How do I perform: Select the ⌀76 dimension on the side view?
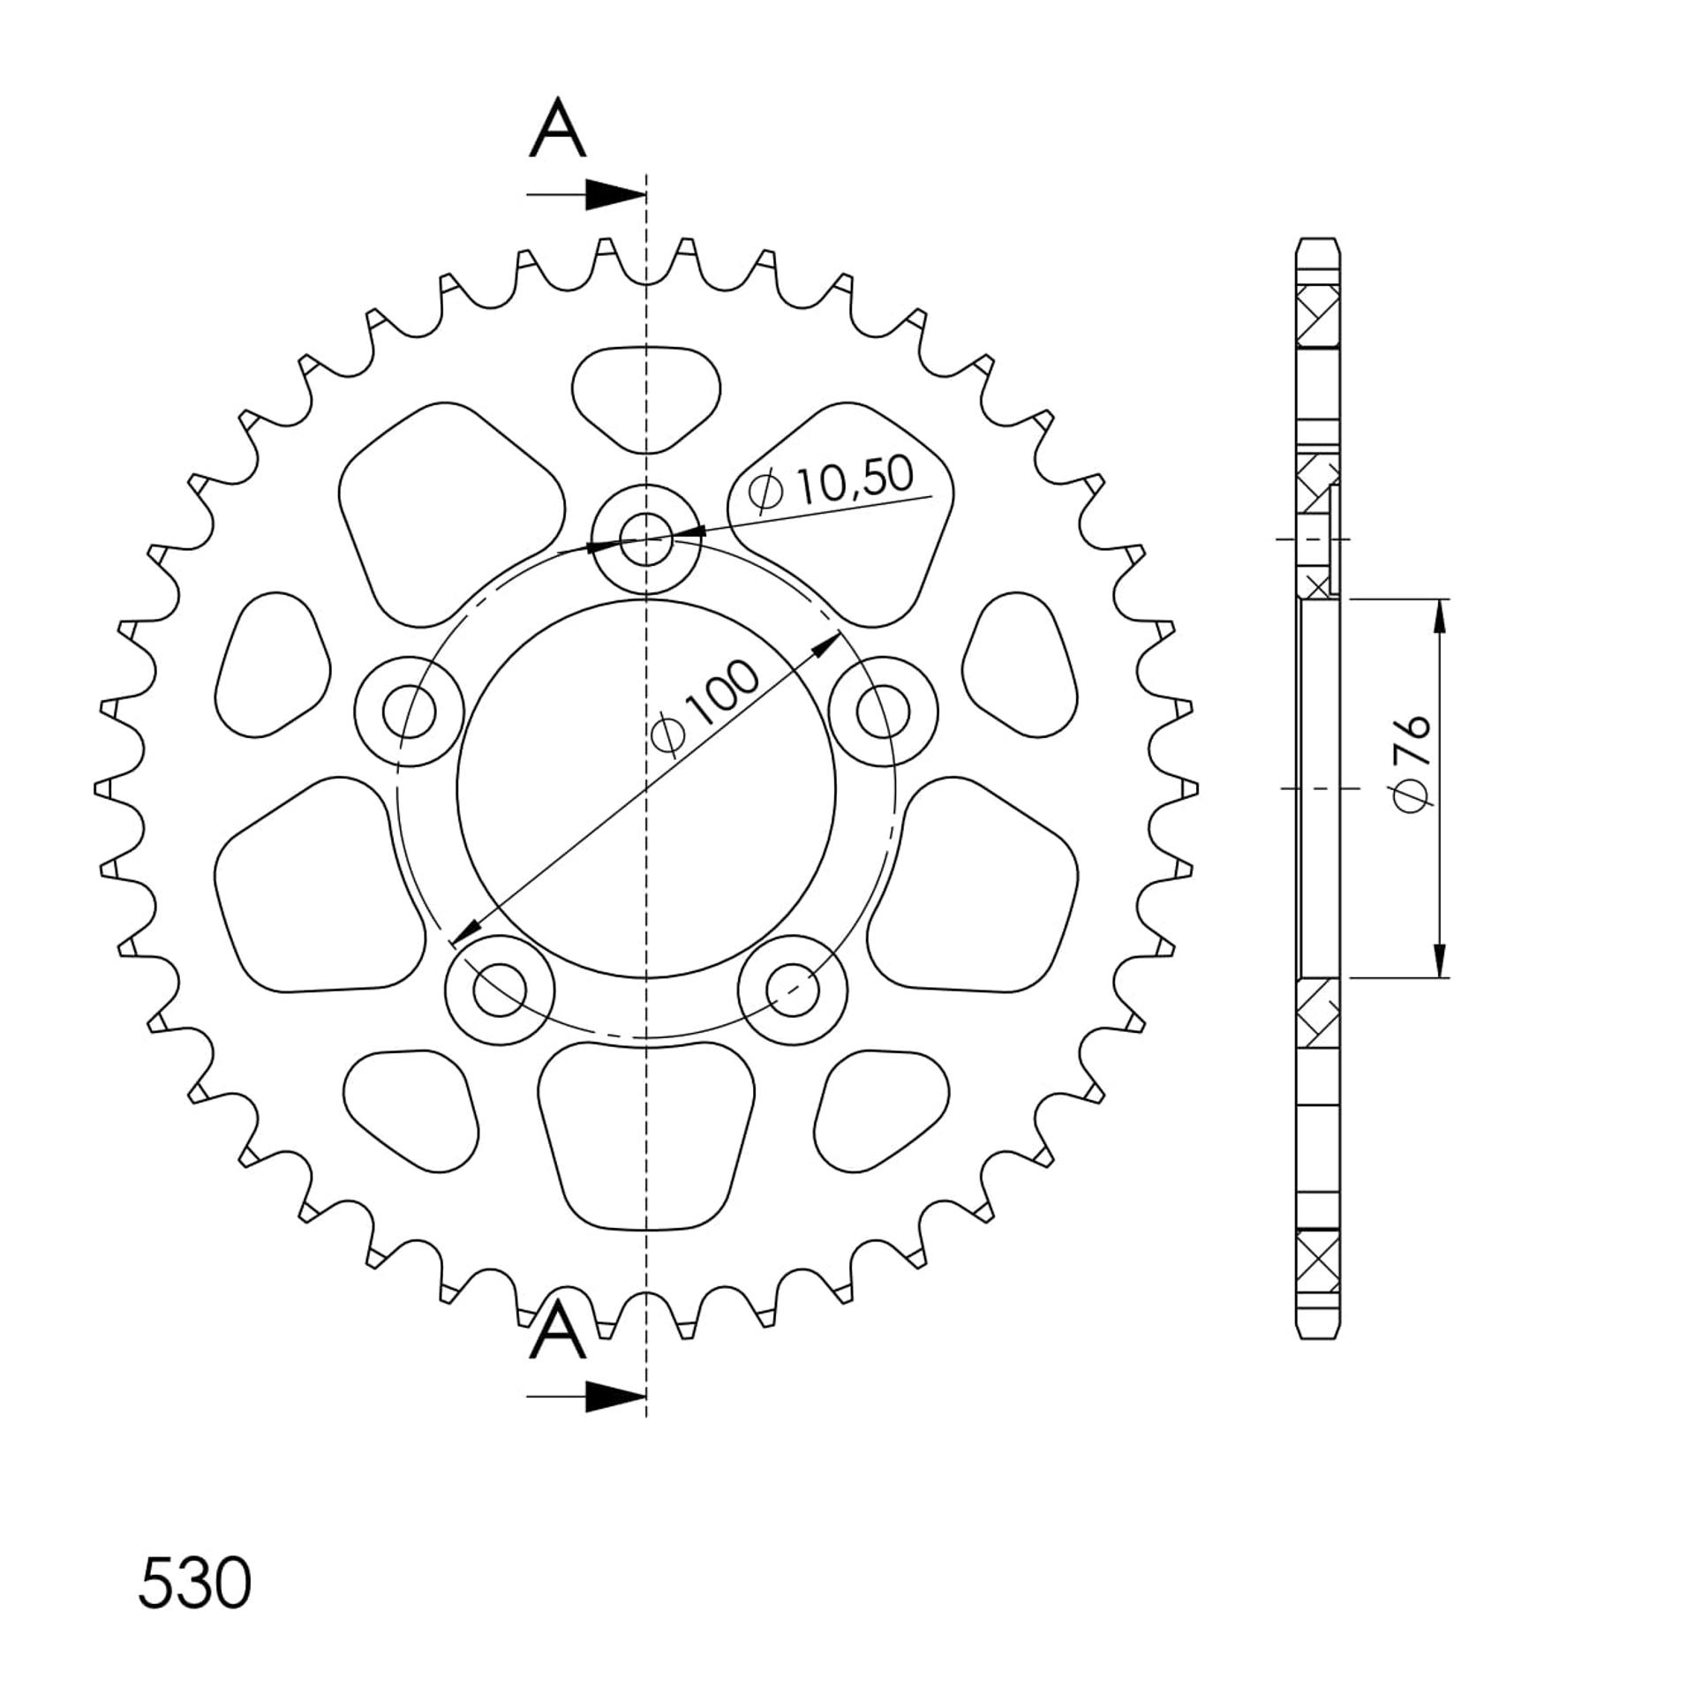pos(1410,763)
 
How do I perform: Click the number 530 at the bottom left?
pos(195,1583)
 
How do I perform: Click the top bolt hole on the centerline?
pos(646,538)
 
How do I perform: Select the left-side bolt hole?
pos(409,711)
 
